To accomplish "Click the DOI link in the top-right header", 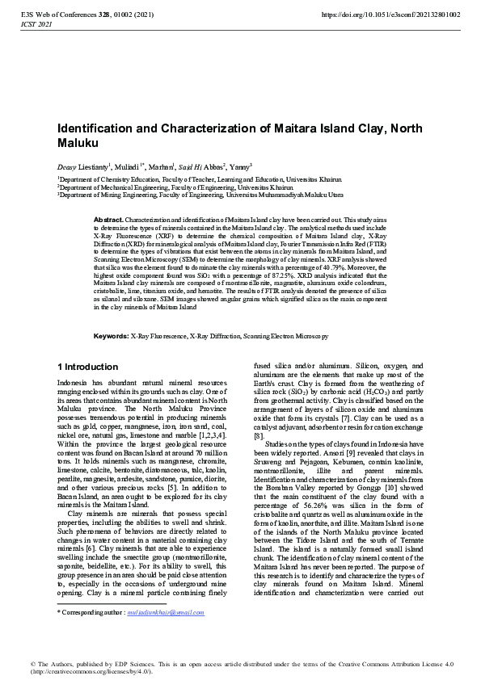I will point(391,15).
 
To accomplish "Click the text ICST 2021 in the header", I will point(36,25).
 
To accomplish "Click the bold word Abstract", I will point(108,220).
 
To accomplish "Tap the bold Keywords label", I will point(111,335).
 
